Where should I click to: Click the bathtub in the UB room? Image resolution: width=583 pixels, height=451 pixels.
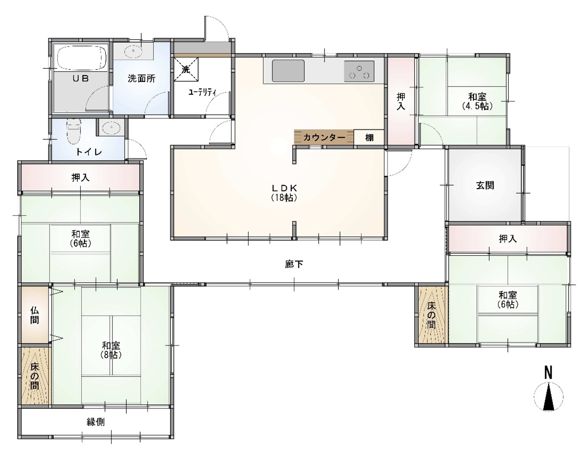click(81, 57)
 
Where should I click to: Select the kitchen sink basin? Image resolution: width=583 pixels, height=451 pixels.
click(288, 71)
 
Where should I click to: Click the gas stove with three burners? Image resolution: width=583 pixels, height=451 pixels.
click(359, 71)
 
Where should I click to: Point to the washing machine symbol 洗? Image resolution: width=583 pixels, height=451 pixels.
click(186, 69)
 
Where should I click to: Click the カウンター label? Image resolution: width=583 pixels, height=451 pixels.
click(324, 138)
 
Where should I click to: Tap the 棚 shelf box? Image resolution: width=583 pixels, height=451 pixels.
click(369, 138)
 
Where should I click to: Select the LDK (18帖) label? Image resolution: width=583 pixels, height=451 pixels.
click(284, 193)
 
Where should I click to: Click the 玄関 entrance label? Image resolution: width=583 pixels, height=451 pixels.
click(485, 185)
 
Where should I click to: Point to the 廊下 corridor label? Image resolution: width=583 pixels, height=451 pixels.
click(294, 264)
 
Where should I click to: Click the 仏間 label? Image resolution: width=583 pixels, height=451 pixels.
click(35, 315)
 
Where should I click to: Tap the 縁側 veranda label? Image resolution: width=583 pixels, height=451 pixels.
click(96, 422)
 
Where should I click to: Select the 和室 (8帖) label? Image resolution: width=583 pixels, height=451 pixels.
click(111, 350)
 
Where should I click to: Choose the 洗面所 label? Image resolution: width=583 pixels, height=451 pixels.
click(141, 78)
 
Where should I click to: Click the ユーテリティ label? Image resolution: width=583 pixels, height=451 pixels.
click(202, 92)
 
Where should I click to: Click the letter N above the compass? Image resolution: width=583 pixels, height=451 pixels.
click(548, 372)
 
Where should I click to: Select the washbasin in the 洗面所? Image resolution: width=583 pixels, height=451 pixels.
click(133, 51)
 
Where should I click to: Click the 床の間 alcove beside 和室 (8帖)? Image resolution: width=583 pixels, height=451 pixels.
click(35, 376)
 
